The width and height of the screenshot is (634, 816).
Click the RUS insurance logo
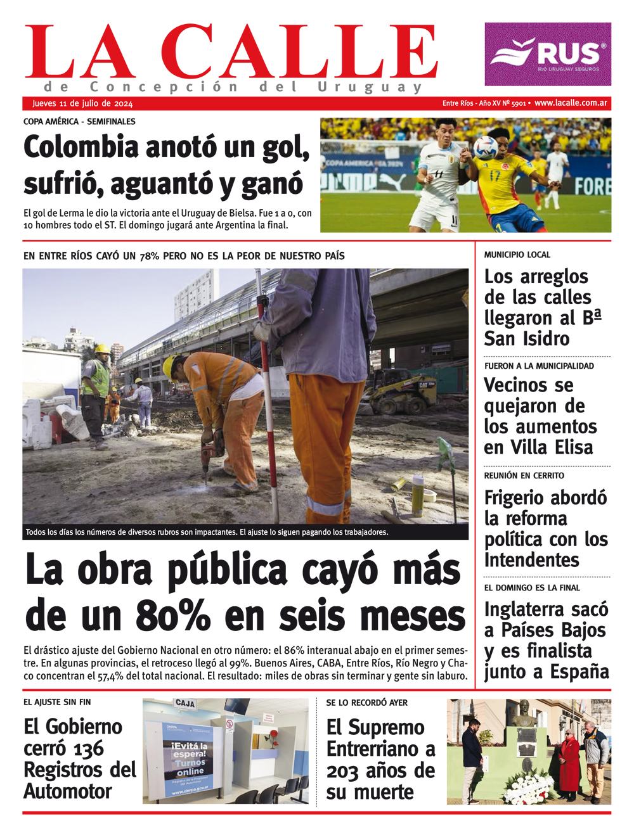[548, 54]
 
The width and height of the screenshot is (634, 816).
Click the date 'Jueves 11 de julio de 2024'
[82, 104]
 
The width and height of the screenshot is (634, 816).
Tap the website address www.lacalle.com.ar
[571, 103]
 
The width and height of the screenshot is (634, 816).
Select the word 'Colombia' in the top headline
[81, 148]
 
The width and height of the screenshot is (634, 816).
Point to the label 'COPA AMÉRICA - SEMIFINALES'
[79, 121]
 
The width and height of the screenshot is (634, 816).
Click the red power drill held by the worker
[211, 451]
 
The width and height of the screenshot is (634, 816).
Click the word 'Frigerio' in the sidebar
[519, 498]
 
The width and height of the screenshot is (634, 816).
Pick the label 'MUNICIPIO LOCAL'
[517, 255]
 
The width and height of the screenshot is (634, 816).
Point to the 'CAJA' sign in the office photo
[184, 704]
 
